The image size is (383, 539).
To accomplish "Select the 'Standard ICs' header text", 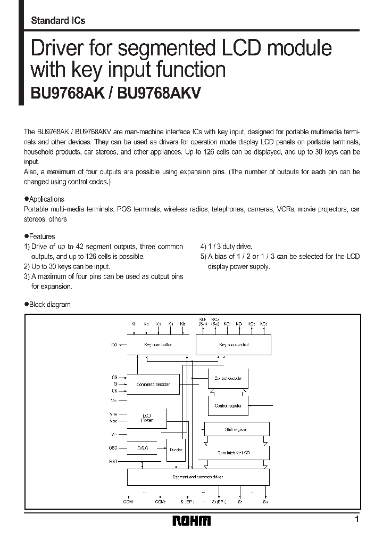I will (58, 21).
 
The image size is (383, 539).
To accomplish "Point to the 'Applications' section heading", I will (46, 199).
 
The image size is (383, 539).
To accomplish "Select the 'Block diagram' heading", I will (49, 305).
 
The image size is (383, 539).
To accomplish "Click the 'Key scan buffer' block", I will (159, 345).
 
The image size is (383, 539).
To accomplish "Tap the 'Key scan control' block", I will (234, 345).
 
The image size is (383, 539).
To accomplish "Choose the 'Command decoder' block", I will (154, 384).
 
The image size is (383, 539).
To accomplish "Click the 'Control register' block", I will (228, 406).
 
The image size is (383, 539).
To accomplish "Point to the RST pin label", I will (114, 461).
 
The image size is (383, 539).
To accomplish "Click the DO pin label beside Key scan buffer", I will (114, 345).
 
